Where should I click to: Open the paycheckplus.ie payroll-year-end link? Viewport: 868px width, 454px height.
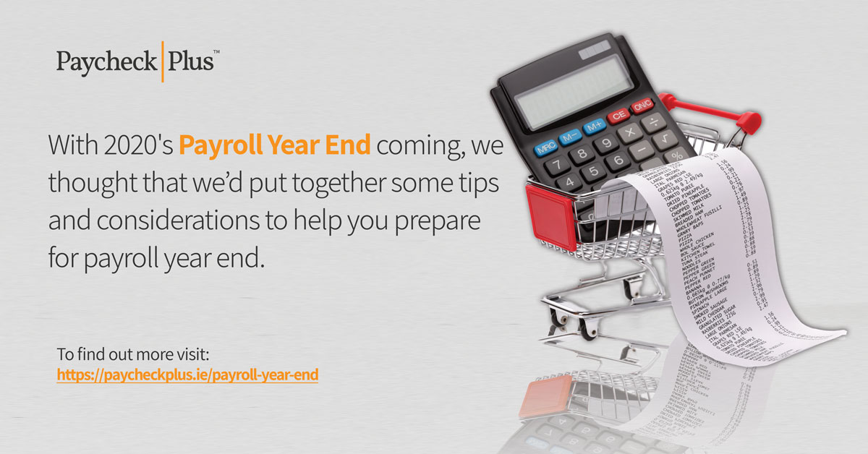point(187,375)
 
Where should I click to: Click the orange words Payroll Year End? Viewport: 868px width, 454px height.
point(275,145)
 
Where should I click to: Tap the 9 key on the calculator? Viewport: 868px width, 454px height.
point(605,143)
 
